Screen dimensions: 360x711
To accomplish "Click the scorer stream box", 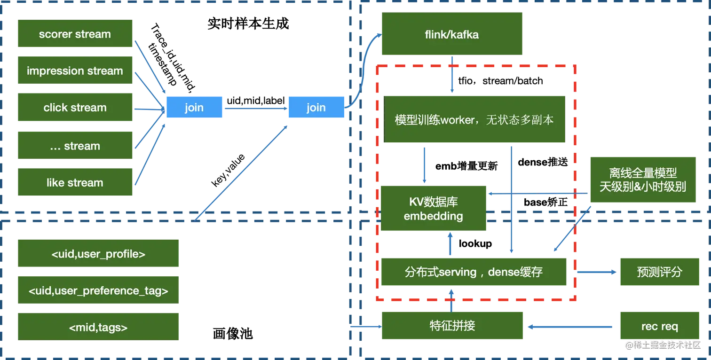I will pyautogui.click(x=75, y=34).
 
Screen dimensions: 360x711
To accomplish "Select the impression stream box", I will pyautogui.click(x=75, y=71).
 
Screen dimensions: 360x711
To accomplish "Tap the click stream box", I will pyautogui.click(x=75, y=108).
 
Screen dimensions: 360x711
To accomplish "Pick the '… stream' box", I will pyautogui.click(x=75, y=146).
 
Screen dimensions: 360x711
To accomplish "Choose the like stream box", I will pyautogui.click(x=75, y=183).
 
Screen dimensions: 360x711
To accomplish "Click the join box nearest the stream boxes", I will pyautogui.click(x=194, y=108).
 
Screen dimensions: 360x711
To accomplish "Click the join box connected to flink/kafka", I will pyautogui.click(x=316, y=108).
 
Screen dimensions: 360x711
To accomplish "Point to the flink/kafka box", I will pyautogui.click(x=452, y=34).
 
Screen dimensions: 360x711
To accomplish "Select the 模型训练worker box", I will pyautogui.click(x=474, y=119).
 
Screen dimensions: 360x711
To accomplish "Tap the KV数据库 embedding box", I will pyautogui.click(x=433, y=209).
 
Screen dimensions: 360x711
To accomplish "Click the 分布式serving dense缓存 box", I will pyautogui.click(x=474, y=272).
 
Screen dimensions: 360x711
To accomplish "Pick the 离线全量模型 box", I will pyautogui.click(x=642, y=180).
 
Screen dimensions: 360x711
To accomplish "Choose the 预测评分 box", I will pyautogui.click(x=659, y=272).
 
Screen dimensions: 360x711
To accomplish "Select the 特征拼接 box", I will pyautogui.click(x=452, y=326).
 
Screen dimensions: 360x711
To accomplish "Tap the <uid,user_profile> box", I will pyautogui.click(x=98, y=254).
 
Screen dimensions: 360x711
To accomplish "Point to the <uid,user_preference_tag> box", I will pyautogui.click(x=98, y=291).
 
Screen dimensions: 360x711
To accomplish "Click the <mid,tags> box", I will pyautogui.click(x=98, y=328).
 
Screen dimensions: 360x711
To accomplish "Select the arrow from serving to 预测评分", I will pyautogui.click(x=595, y=272).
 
